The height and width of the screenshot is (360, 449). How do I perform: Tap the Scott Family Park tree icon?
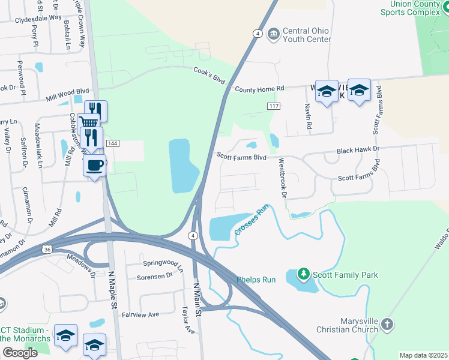tap(304, 275)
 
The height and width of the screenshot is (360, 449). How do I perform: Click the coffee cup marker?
tap(94, 165)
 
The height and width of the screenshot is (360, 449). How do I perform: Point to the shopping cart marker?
tap(88, 124)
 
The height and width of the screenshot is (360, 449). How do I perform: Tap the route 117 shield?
tap(274, 106)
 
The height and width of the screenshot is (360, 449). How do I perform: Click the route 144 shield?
tap(112, 143)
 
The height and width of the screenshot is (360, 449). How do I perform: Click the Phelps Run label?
tap(255, 280)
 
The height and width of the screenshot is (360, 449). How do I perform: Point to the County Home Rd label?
tap(259, 89)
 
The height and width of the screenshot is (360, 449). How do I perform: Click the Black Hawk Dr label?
tap(358, 149)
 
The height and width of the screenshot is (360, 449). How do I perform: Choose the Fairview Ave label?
tap(140, 314)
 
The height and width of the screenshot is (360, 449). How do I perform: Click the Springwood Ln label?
tap(162, 263)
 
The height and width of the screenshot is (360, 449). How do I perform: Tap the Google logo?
tap(20, 352)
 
